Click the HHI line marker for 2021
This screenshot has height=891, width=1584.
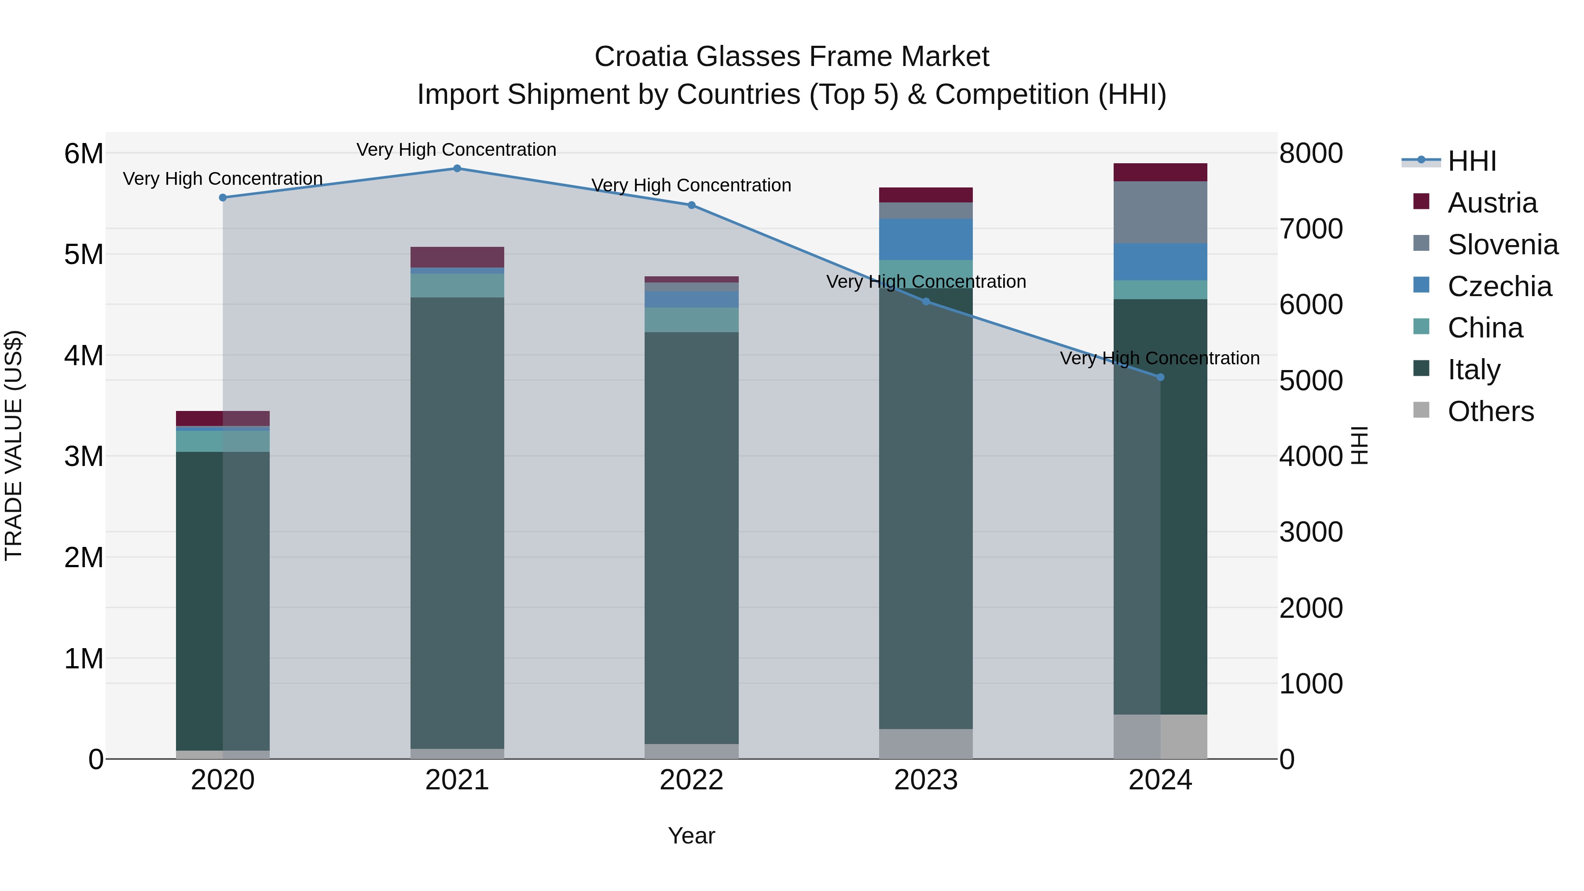point(457,169)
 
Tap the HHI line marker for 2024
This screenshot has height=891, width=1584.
point(1160,378)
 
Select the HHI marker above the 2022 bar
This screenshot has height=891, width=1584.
point(691,205)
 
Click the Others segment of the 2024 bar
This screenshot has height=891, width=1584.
point(1160,736)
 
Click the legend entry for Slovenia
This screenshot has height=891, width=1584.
point(1502,245)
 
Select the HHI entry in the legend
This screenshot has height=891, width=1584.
point(1471,161)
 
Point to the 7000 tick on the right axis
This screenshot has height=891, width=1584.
point(1311,229)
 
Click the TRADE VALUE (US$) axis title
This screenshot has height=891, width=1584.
point(14,445)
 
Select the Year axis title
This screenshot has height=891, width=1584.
point(691,836)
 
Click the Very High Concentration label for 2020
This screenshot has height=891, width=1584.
point(223,179)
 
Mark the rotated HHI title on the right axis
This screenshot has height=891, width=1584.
point(1360,445)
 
